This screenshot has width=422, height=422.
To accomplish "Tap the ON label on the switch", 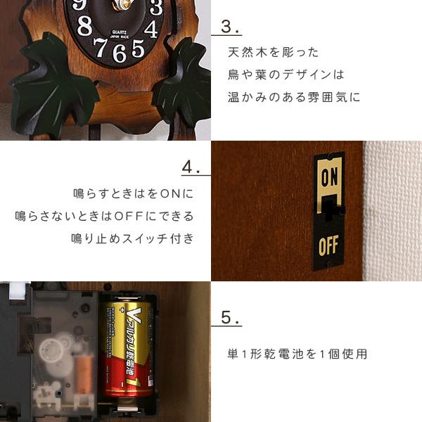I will tap(329, 178).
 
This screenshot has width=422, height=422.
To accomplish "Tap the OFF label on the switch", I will tap(328, 246).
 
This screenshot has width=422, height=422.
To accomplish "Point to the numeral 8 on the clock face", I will tap(84, 27).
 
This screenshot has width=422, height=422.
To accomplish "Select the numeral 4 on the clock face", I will tap(151, 30).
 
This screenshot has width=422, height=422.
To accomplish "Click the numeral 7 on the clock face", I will tap(101, 46).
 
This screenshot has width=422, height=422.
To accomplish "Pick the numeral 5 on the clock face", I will tap(138, 48).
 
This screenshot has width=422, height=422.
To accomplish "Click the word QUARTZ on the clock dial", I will tap(120, 32).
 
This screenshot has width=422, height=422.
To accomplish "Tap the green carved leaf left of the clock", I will tap(60, 88).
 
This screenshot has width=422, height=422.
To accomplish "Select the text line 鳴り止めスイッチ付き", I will tap(132, 238).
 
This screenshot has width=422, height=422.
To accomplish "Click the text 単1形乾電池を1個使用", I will tap(297, 354).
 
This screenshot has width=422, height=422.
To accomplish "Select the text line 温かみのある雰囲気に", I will tap(293, 97).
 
